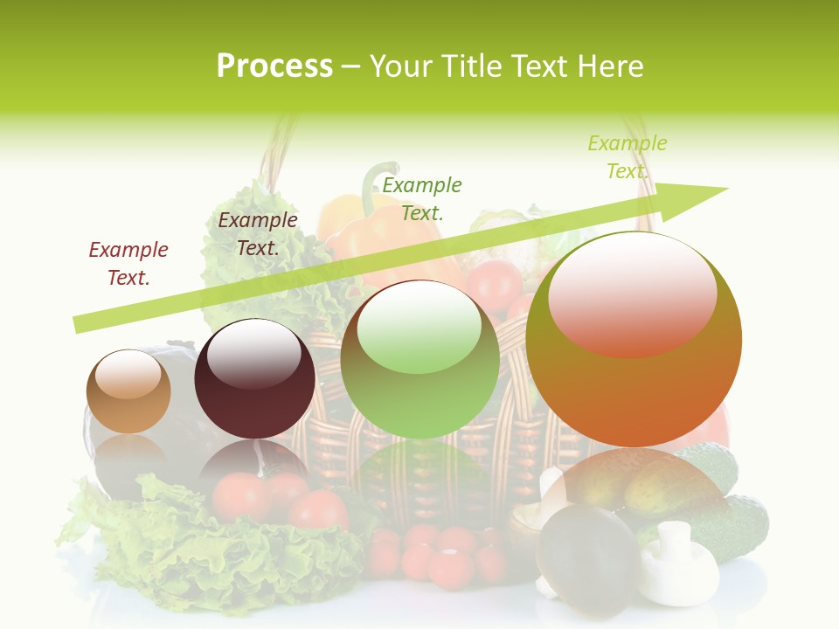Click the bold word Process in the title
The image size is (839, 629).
tap(274, 66)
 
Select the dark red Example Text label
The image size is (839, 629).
tap(128, 263)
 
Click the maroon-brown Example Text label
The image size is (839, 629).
tap(258, 233)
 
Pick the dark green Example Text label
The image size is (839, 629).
tap(422, 198)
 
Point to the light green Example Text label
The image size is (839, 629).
tap(628, 156)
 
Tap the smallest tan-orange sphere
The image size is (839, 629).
tap(128, 391)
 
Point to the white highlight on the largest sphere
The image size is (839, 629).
tap(633, 293)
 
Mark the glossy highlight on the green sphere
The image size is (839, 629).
tap(419, 328)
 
